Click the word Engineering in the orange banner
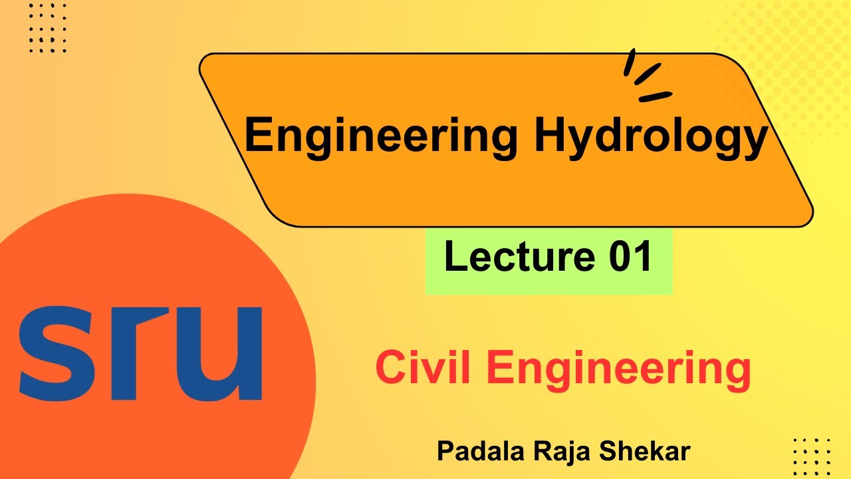pos(380,136)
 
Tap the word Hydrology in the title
pos(650,136)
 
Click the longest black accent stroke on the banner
pos(655,96)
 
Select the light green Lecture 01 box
pos(548,259)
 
